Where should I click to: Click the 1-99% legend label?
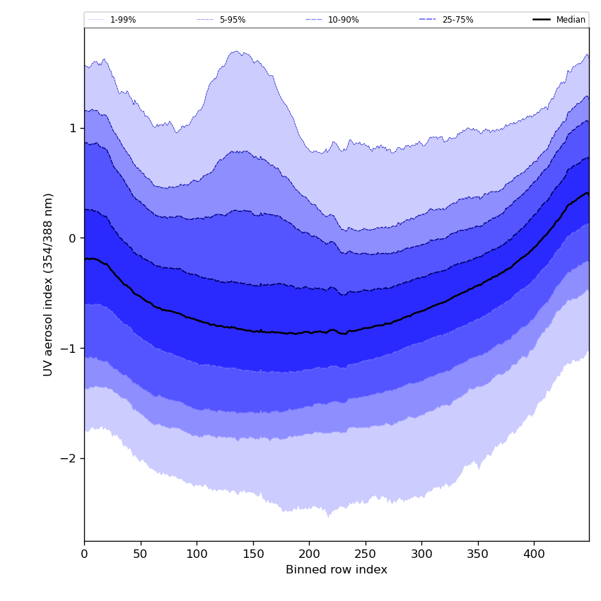(x=123, y=20)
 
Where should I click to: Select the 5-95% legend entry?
(x=233, y=20)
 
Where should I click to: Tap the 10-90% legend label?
(x=344, y=20)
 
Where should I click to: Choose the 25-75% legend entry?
(x=457, y=20)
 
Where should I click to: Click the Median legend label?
(x=571, y=20)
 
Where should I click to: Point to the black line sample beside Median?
(x=542, y=20)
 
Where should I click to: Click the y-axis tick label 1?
(x=72, y=129)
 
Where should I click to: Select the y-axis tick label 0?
(x=72, y=238)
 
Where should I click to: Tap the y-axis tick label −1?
(x=69, y=349)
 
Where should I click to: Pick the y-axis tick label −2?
(x=69, y=458)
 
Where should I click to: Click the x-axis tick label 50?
(x=141, y=555)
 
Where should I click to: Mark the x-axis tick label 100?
(x=197, y=555)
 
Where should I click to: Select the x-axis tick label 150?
(x=253, y=555)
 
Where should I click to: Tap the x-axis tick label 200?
(x=309, y=555)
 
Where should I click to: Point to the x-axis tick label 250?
(x=366, y=555)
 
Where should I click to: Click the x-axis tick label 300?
(x=421, y=555)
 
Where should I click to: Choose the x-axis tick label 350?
(x=478, y=555)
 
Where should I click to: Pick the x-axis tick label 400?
(x=534, y=555)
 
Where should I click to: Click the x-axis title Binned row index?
(x=337, y=570)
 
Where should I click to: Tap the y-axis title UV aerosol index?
(x=49, y=284)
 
